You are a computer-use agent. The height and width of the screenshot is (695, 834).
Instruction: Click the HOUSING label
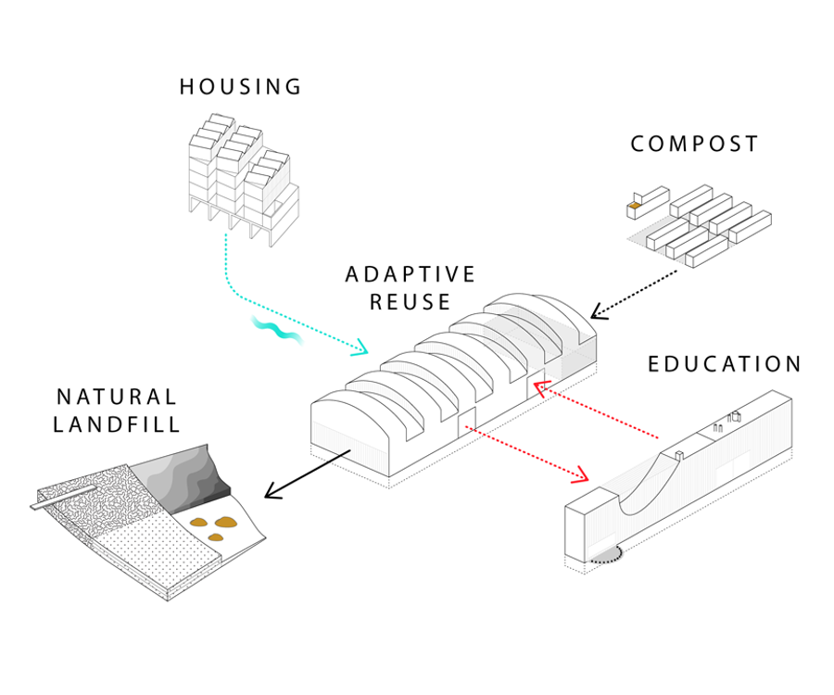pyautogui.click(x=240, y=87)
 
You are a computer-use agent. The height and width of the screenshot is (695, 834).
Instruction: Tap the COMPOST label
pyautogui.click(x=694, y=144)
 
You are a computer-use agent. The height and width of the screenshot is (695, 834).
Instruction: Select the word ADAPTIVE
pyautogui.click(x=410, y=274)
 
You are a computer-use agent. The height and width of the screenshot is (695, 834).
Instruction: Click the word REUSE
pyautogui.click(x=411, y=301)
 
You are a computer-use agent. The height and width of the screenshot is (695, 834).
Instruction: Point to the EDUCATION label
pyautogui.click(x=725, y=364)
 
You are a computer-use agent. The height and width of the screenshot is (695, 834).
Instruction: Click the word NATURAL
pyautogui.click(x=117, y=397)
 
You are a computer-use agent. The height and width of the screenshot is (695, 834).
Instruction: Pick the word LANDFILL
pyautogui.click(x=117, y=424)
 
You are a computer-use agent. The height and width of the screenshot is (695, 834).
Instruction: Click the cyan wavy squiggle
pyautogui.click(x=276, y=330)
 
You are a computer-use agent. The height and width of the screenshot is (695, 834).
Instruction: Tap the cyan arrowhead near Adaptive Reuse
pyautogui.click(x=360, y=347)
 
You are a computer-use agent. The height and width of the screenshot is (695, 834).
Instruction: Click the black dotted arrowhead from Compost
pyautogui.click(x=598, y=311)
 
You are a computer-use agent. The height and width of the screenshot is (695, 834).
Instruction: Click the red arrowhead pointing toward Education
pyautogui.click(x=581, y=474)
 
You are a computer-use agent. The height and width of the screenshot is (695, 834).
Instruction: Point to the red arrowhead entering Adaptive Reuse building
pyautogui.click(x=539, y=387)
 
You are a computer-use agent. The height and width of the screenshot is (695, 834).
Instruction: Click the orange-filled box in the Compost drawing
pyautogui.click(x=635, y=205)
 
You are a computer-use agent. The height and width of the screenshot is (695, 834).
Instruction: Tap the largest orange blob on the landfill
pyautogui.click(x=223, y=523)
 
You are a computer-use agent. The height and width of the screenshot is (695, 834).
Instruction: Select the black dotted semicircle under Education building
pyautogui.click(x=606, y=557)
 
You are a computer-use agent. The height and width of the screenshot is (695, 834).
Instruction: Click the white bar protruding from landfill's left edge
pyautogui.click(x=63, y=497)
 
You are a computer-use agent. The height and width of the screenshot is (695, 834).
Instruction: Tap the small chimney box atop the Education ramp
pyautogui.click(x=679, y=455)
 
